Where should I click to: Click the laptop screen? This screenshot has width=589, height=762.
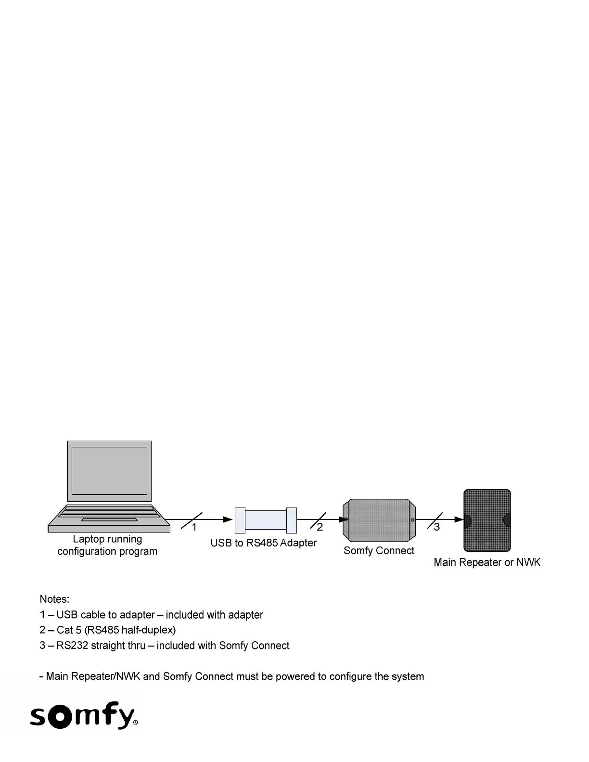(x=109, y=470)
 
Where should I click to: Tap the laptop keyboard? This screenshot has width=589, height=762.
(x=109, y=513)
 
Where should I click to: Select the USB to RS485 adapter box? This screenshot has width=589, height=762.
(x=266, y=520)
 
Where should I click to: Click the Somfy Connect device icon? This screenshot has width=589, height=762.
(x=379, y=521)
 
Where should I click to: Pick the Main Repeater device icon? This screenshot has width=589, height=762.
(x=487, y=521)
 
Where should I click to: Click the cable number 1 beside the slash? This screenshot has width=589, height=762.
(x=194, y=527)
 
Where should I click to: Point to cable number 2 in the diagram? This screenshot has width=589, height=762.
(x=320, y=527)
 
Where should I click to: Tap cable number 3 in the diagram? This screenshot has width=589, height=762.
(x=437, y=527)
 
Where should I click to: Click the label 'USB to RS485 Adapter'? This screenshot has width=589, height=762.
(x=264, y=543)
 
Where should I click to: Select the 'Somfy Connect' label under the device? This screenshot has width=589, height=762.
(x=379, y=551)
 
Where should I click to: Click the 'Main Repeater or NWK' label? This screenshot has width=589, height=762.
(x=487, y=562)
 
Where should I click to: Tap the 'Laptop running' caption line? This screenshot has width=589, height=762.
(x=107, y=539)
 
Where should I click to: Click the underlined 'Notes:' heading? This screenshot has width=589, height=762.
(x=54, y=599)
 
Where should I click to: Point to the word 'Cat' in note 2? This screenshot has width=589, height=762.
(x=65, y=630)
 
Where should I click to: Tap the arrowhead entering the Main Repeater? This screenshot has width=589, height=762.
(x=459, y=520)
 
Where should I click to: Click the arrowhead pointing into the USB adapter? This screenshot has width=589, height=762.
(x=228, y=520)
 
